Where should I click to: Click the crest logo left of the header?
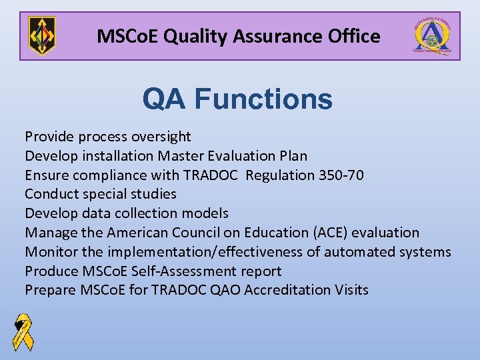[42, 36]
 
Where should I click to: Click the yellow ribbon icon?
[23, 332]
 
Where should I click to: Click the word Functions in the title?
[263, 100]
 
